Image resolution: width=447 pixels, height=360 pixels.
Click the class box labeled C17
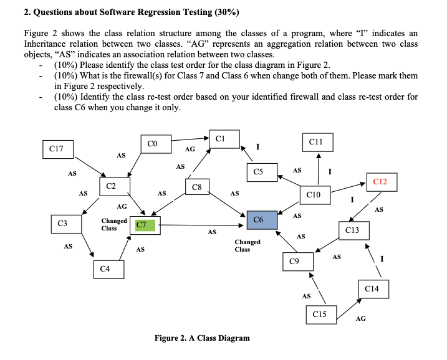57,149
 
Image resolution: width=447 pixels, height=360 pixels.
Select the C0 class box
156,144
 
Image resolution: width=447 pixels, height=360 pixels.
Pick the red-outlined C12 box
380,181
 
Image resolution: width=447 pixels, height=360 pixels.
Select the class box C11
317,142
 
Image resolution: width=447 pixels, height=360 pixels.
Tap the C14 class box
373,289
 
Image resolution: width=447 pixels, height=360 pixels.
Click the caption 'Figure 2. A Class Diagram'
202,338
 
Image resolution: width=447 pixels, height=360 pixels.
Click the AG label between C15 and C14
360,319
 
